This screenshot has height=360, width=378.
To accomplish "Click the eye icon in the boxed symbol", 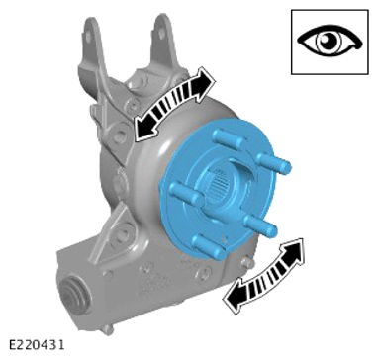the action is pos(330,43).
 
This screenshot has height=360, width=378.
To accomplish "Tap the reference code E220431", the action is pos(37,345).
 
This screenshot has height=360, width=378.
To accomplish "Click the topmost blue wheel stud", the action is pos(229,138).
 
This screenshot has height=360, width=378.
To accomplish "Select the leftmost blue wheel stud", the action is pos(186,194).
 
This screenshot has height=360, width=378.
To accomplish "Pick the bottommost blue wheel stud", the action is pos(210,247).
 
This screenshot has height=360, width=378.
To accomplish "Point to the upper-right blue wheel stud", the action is pos(274,163).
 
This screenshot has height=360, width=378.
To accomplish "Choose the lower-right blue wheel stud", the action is pos(261,225).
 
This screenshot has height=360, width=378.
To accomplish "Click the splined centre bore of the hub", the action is pos(221,185).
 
